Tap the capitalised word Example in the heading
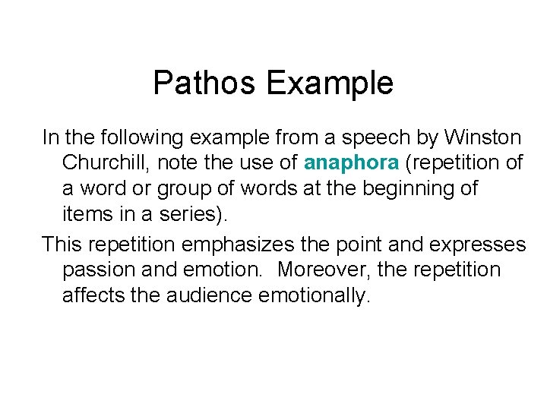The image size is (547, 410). pyautogui.click(x=329, y=83)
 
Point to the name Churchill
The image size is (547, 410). pyautogui.click(x=106, y=162)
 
